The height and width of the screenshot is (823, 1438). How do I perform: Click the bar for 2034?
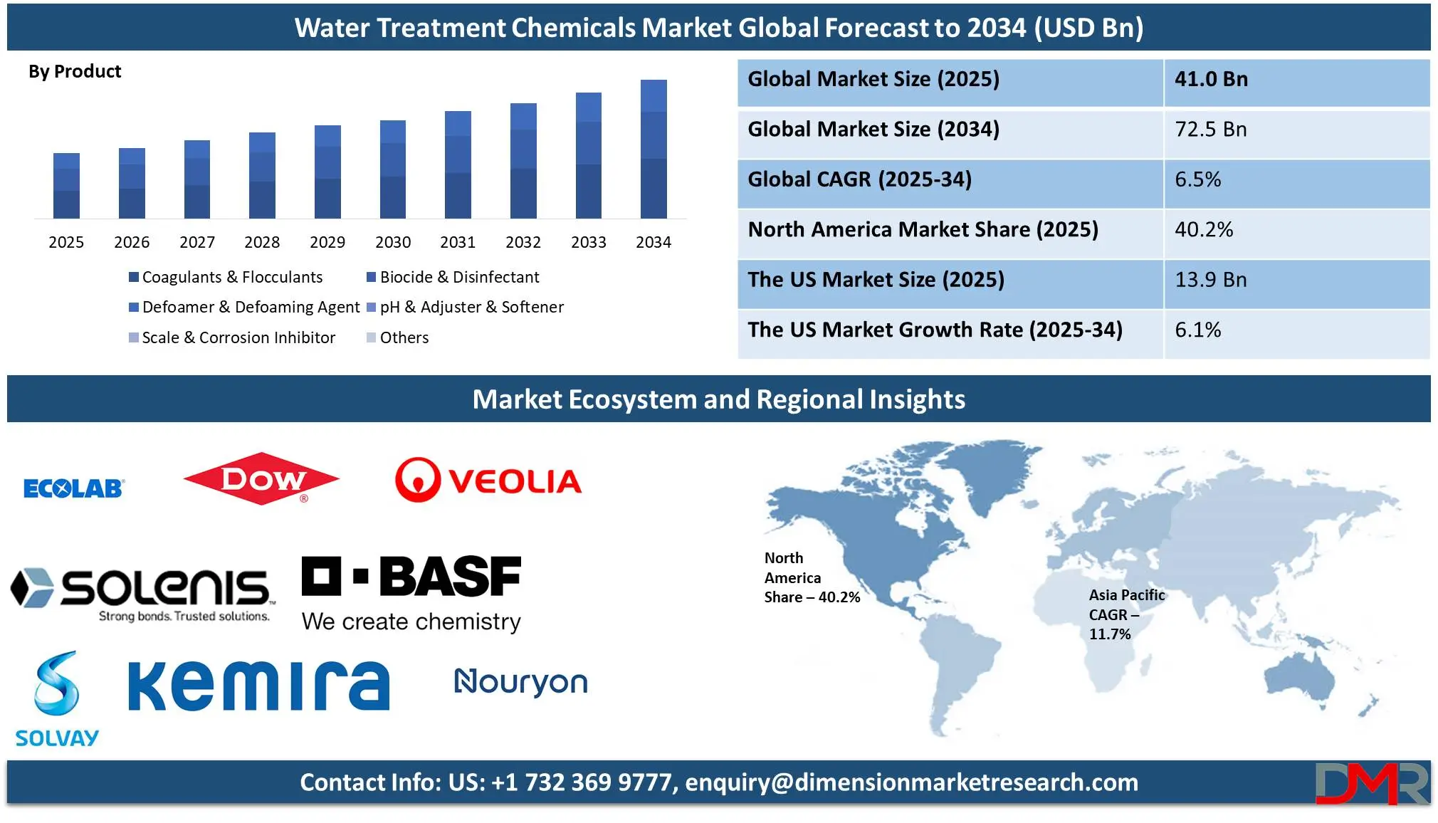pyautogui.click(x=654, y=149)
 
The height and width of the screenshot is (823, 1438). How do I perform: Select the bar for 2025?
pyautogui.click(x=66, y=186)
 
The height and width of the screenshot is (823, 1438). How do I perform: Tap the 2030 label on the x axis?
pyautogui.click(x=393, y=242)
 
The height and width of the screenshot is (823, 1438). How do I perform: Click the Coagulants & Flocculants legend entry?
pyautogui.click(x=226, y=277)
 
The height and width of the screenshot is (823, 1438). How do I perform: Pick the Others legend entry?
pyautogui.click(x=398, y=337)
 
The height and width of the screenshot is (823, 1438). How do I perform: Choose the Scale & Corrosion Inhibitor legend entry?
pyautogui.click(x=232, y=337)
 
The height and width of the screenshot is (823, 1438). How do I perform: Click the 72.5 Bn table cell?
pyautogui.click(x=1211, y=130)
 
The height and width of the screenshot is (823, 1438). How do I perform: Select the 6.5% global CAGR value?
pyautogui.click(x=1198, y=179)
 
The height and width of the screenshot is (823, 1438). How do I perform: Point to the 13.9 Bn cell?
pyautogui.click(x=1211, y=280)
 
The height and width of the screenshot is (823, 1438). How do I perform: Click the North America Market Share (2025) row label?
pyautogui.click(x=923, y=229)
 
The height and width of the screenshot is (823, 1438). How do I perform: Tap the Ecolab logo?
pyautogui.click(x=74, y=488)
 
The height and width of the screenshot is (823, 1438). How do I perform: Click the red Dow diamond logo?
pyautogui.click(x=261, y=479)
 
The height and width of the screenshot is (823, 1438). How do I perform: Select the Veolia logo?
pyautogui.click(x=488, y=481)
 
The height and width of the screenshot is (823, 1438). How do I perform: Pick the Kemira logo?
pyautogui.click(x=259, y=685)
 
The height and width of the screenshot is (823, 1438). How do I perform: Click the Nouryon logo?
pyautogui.click(x=521, y=682)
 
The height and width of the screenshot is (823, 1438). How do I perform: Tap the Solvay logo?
pyautogui.click(x=57, y=698)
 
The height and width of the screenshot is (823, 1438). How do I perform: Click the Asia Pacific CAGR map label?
pyautogui.click(x=1126, y=614)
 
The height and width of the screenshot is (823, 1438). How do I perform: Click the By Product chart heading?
pyautogui.click(x=75, y=72)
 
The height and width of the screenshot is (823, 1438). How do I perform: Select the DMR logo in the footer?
pyautogui.click(x=1372, y=783)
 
